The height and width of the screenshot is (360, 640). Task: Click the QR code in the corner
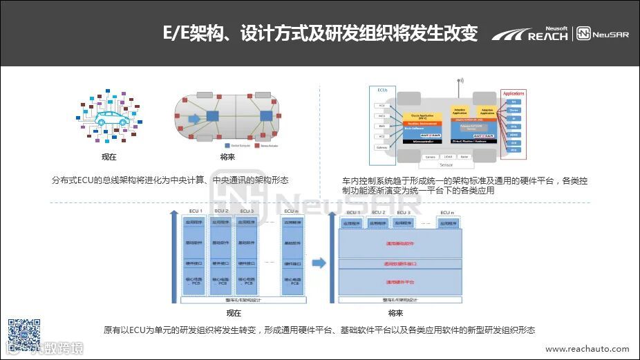coord(23,333)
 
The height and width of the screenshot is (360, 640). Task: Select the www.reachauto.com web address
coord(587,350)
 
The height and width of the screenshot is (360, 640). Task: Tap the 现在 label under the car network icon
coord(109,157)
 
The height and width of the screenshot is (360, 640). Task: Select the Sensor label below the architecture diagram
coord(446,166)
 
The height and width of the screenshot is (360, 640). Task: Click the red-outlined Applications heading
coord(514,93)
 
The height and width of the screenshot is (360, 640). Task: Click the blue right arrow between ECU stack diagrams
coord(319,263)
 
